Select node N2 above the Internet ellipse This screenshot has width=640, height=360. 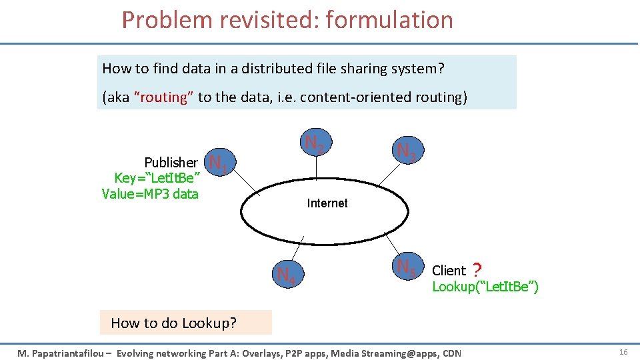click(315, 143)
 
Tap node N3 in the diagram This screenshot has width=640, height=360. click(406, 151)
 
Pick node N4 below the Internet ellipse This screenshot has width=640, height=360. click(286, 274)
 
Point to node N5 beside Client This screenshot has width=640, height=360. click(405, 268)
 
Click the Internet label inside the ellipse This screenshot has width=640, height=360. click(327, 203)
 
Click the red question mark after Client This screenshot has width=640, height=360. click(476, 271)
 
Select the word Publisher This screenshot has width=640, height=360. click(171, 163)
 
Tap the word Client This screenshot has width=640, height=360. click(449, 271)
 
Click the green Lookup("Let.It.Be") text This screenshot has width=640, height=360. click(485, 287)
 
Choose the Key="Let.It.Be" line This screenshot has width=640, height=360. click(158, 178)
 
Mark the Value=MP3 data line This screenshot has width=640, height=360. click(150, 194)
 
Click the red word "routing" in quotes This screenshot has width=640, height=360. click(164, 97)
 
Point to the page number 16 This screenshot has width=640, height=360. click(624, 351)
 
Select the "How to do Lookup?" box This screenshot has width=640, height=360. click(173, 323)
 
